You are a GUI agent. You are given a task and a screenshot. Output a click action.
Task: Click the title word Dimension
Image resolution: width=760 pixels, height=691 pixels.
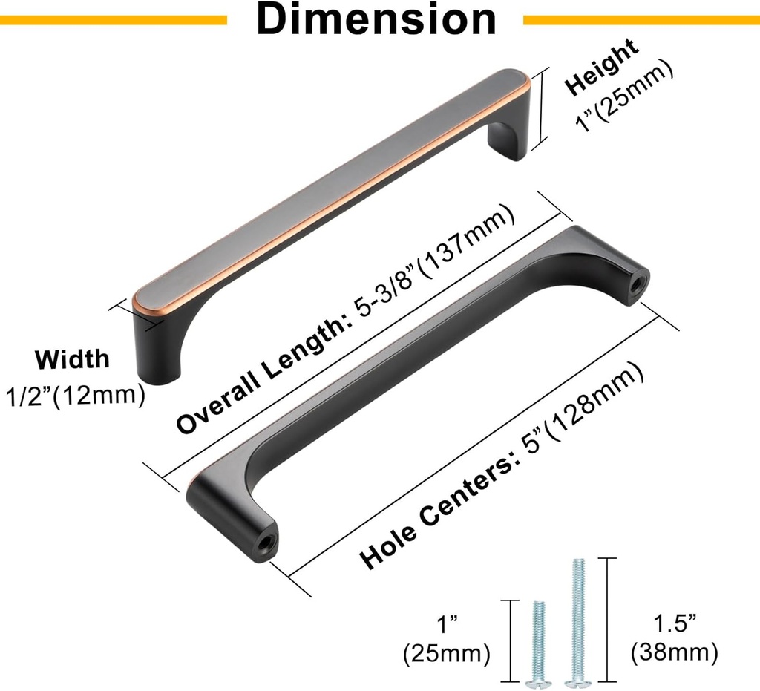point(376,20)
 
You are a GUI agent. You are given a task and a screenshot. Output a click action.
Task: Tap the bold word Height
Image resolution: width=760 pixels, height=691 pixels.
point(600,67)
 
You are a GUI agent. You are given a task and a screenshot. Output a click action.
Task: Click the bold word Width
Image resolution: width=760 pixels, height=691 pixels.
point(73,359)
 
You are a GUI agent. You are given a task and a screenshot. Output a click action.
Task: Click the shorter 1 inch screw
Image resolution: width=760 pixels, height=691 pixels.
point(538,642)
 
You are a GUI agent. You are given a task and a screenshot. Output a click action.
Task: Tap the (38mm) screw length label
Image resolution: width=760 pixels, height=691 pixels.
point(674,653)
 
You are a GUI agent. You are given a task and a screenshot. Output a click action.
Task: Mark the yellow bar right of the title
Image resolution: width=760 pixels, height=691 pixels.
point(641,20)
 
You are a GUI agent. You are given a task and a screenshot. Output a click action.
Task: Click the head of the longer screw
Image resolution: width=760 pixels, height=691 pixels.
point(574,678)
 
